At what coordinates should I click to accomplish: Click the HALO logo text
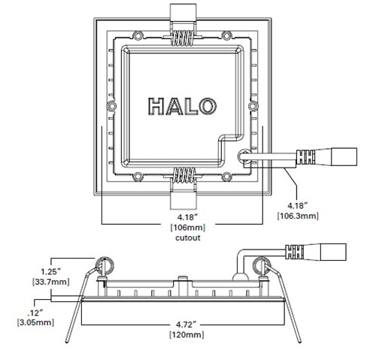point(180,107)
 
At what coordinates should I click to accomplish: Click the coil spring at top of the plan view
point(181,34)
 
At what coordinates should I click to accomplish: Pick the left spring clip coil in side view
point(103,265)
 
